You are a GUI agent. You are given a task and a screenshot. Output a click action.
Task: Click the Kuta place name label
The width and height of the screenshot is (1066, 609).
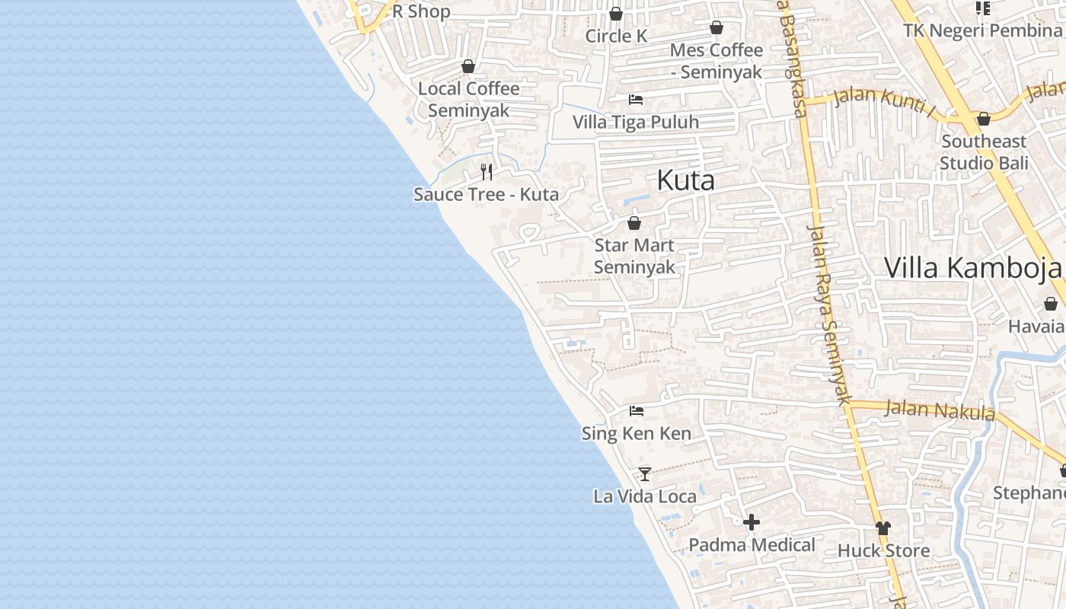685,181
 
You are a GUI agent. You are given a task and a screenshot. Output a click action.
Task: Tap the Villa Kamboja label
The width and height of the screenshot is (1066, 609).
972,268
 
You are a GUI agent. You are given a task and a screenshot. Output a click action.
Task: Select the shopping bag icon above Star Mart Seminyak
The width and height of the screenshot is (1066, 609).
634,223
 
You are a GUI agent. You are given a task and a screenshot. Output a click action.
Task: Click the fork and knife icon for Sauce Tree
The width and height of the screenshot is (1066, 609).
487,172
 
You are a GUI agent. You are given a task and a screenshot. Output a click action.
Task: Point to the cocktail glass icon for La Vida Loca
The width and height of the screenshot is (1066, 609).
645,474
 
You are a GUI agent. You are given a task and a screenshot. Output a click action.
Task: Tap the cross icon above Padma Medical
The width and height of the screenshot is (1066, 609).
752,522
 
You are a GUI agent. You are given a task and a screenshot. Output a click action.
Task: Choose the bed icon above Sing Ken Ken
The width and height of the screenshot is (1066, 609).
637,412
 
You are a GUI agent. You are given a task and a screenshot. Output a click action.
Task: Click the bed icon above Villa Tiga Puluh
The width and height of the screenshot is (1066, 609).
636,100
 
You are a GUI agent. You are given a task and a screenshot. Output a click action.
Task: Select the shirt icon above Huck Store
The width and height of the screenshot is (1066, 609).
882,528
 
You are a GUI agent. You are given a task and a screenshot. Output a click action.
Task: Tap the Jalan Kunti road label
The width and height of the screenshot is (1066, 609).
884,101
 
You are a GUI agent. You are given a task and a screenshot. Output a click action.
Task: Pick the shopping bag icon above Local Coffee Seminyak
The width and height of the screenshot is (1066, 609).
468,66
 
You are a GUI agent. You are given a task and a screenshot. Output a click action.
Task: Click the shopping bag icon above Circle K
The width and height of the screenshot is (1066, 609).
616,14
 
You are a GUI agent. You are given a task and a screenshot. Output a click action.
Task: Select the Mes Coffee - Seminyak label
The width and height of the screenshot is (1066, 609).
716,61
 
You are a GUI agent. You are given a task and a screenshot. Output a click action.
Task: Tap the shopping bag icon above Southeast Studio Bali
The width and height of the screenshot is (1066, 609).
983,119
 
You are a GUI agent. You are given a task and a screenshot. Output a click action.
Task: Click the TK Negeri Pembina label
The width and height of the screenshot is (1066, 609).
982,30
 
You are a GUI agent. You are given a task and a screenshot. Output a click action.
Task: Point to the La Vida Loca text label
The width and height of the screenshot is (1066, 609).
645,496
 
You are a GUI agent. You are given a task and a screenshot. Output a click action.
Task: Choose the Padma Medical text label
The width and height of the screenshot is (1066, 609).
752,545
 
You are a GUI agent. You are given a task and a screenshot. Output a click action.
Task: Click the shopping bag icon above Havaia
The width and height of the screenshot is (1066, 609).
1051,304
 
